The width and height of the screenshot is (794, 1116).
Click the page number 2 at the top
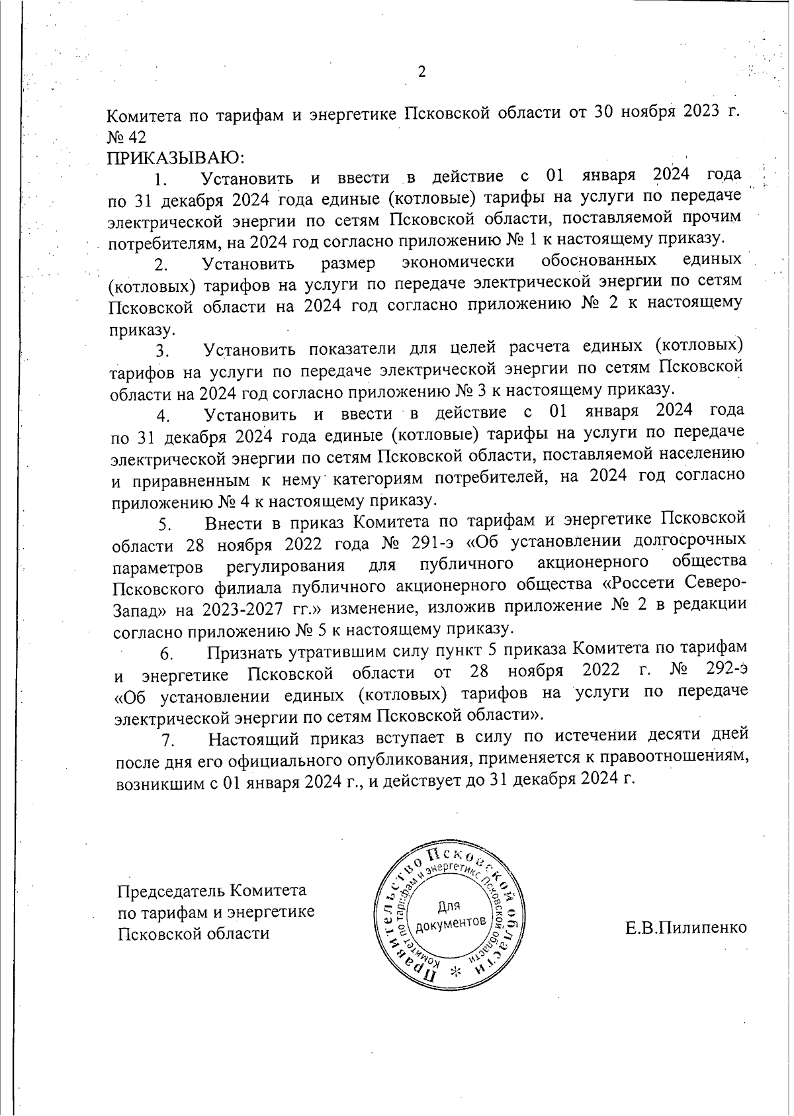pos(421,72)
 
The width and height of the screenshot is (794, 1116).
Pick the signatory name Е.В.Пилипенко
pos(686,927)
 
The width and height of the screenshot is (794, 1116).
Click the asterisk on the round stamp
pos(456,971)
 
